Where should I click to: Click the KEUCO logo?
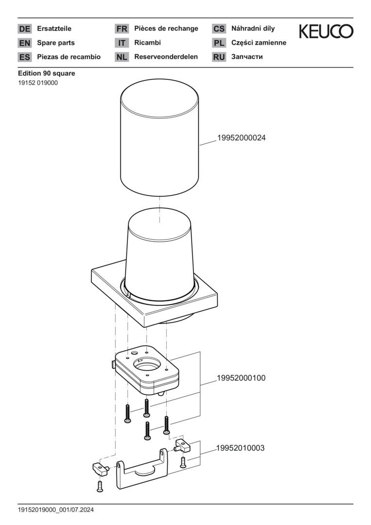pos(326,31)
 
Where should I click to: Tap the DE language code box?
pos(24,29)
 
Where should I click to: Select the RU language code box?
pos(219,57)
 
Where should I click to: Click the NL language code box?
pos(122,57)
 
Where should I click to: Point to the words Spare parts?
pos(56,43)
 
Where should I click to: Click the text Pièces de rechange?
pos(166,29)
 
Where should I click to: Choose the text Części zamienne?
pos(259,43)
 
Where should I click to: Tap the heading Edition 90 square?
pos(47,73)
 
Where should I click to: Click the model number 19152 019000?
pos(38,83)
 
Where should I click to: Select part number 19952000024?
pos(241,138)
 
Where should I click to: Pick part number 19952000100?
pos(241,378)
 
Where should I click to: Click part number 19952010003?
pos(240,448)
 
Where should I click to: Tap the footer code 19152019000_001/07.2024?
pos(56,510)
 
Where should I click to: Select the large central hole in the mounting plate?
pos(147,365)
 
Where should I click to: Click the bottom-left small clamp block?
pos(100,469)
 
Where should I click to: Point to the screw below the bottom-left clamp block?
pos(100,486)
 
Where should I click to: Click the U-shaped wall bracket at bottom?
pos(142,469)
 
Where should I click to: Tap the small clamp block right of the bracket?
pos(182,445)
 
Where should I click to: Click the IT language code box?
pos(122,43)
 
